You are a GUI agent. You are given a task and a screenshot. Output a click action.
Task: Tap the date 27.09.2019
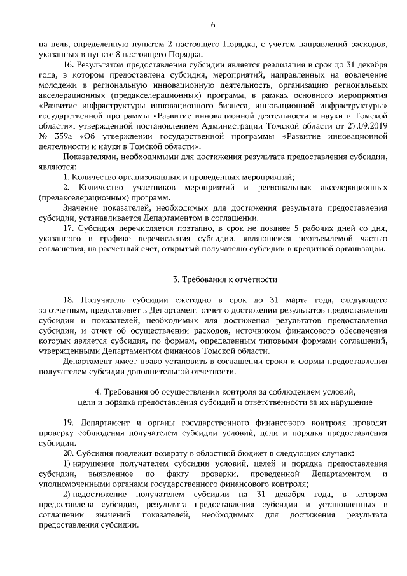(x=364, y=127)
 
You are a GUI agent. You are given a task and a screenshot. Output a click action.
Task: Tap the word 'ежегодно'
(x=185, y=300)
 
